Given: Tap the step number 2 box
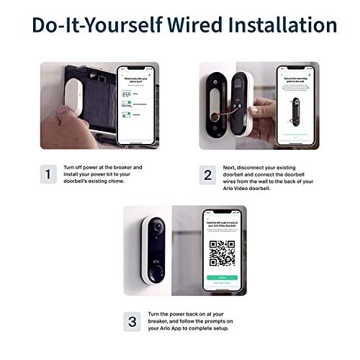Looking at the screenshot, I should click(x=208, y=174).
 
